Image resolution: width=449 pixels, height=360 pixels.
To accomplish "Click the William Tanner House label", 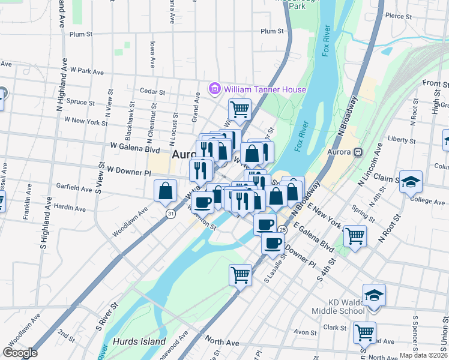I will [x=265, y=89].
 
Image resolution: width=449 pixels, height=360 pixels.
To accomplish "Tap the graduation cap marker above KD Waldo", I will [x=374, y=295].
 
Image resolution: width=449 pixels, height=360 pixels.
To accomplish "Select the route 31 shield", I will [x=171, y=213].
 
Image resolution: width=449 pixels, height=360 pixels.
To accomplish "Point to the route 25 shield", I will [x=282, y=229].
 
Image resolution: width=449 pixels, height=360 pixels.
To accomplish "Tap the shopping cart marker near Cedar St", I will [x=240, y=110].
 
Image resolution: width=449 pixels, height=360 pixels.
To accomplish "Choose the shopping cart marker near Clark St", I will [x=364, y=332].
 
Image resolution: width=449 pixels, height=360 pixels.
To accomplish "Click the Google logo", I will [x=20, y=353].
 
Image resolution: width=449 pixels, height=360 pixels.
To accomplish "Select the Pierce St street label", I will [x=398, y=16].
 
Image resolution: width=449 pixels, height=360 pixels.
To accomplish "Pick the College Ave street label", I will [x=427, y=201].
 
